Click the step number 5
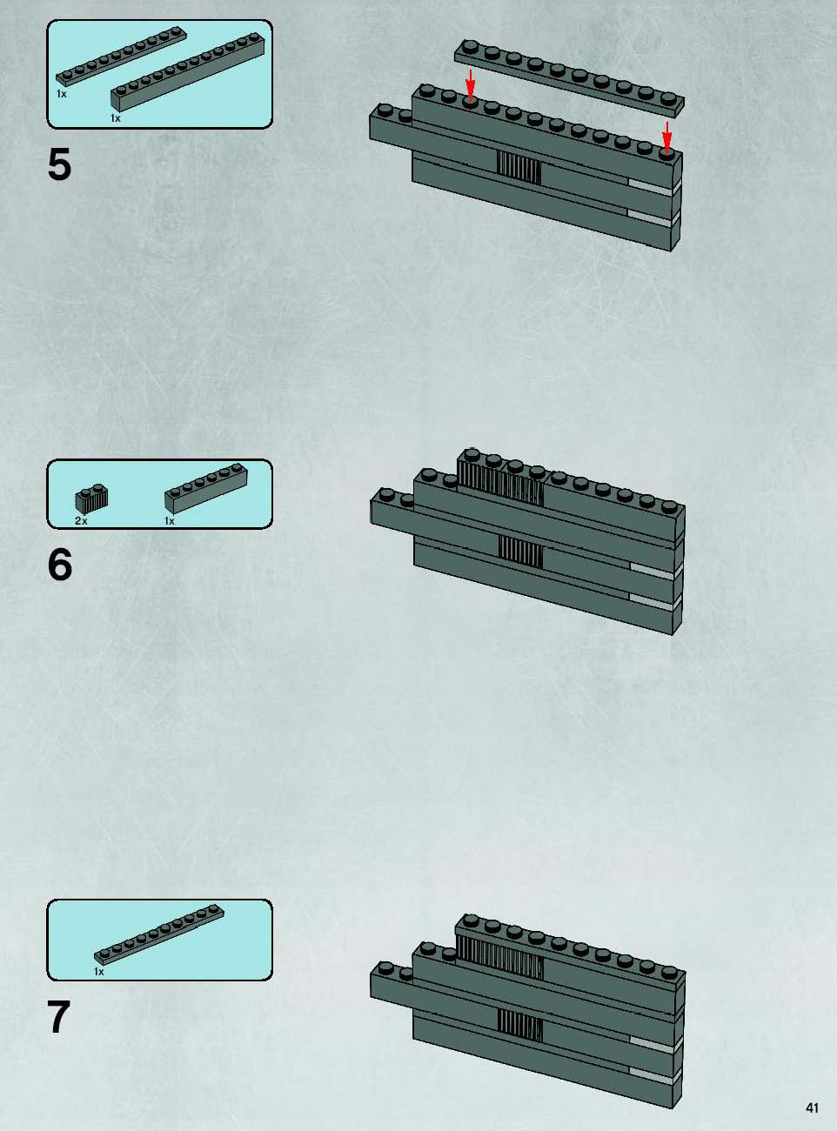[59, 164]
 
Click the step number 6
[60, 565]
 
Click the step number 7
[58, 1016]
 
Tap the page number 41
[812, 1108]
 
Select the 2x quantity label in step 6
[81, 521]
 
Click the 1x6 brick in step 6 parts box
[206, 488]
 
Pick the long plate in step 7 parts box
[158, 934]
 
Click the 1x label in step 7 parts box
[99, 972]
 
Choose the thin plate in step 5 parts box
[122, 56]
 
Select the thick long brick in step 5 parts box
[188, 72]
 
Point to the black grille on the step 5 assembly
[519, 168]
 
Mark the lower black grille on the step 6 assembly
[520, 552]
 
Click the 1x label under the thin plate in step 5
[61, 94]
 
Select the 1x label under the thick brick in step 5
[116, 118]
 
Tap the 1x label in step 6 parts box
[170, 521]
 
